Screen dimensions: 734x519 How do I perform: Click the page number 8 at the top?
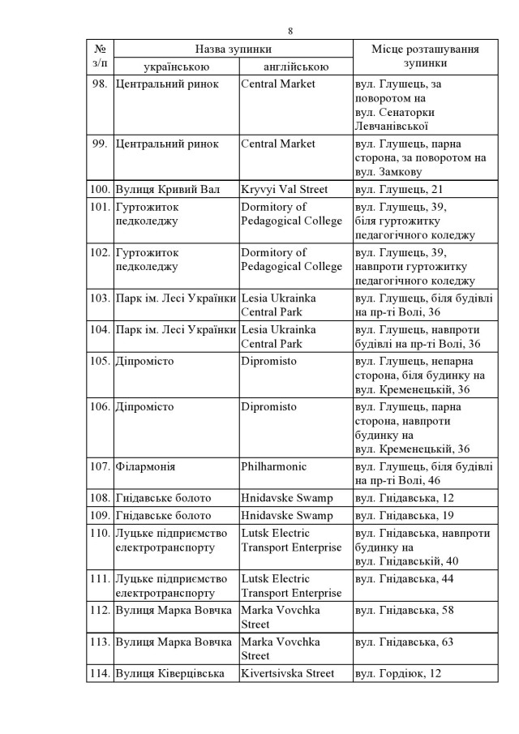290,31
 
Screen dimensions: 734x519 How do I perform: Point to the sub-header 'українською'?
176,67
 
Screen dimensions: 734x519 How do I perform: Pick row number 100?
100,190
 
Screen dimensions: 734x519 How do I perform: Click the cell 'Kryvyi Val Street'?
284,190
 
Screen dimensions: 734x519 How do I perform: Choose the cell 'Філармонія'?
146,467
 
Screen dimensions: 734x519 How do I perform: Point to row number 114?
100,673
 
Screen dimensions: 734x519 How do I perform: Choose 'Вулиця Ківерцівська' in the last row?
170,673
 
